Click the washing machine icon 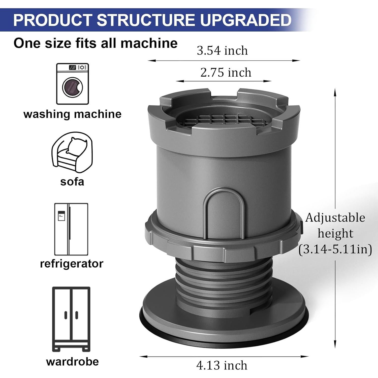pyautogui.click(x=73, y=84)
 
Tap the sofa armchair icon pyautogui.click(x=72, y=153)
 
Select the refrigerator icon pyautogui.click(x=71, y=229)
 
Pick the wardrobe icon pyautogui.click(x=71, y=319)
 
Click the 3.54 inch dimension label pyautogui.click(x=222, y=51)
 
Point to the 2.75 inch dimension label pyautogui.click(x=226, y=73)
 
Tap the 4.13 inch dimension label pyautogui.click(x=222, y=365)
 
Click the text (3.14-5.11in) pyautogui.click(x=335, y=249)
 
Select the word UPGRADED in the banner pyautogui.click(x=246, y=20)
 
